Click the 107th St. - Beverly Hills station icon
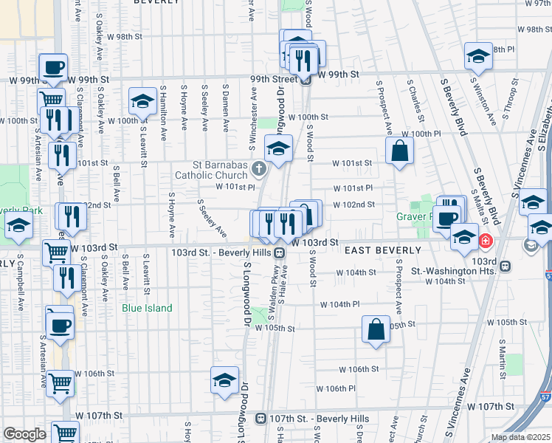pos(261,419)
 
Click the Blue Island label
pos(147,308)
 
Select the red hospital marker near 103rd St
pos(486,240)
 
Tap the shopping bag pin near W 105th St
pos(376,329)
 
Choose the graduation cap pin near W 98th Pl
pos(478,57)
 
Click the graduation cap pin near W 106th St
pos(224,380)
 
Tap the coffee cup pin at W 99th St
pos(52,68)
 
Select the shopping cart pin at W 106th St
pos(59,384)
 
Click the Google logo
pos(24,434)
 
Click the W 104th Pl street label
pos(339,304)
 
